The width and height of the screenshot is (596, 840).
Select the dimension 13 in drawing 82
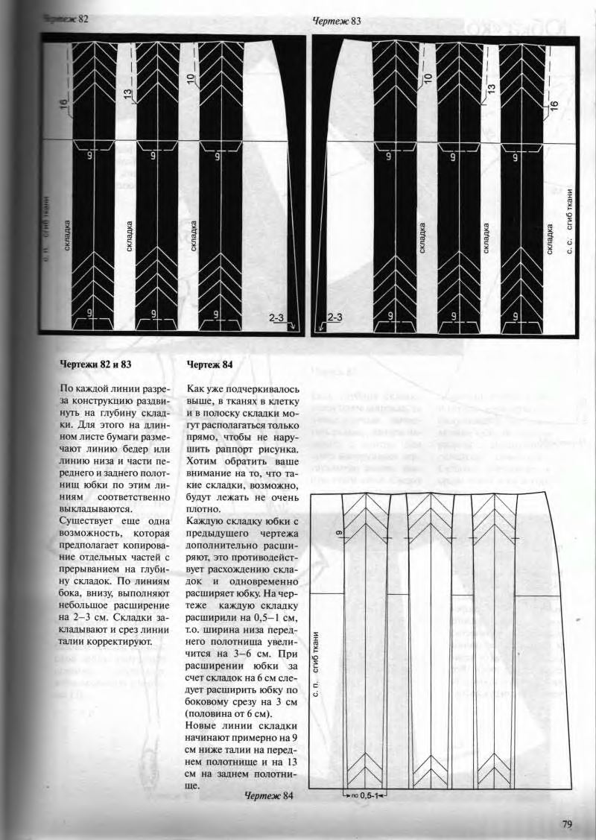tap(127, 94)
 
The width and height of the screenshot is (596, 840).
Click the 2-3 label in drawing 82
tap(276, 318)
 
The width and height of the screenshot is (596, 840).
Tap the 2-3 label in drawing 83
tap(335, 318)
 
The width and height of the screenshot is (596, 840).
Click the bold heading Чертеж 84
tap(210, 364)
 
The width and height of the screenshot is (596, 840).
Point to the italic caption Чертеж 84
tap(269, 796)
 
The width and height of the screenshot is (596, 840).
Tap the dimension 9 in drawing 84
tap(337, 534)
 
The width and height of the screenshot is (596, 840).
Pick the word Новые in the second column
tap(202, 726)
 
